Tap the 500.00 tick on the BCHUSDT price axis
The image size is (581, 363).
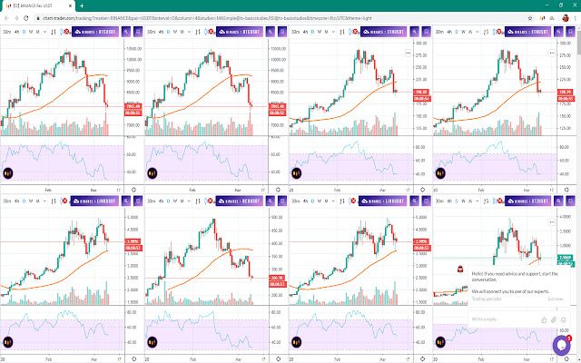[279, 218]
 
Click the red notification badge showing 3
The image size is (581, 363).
[569, 338]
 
